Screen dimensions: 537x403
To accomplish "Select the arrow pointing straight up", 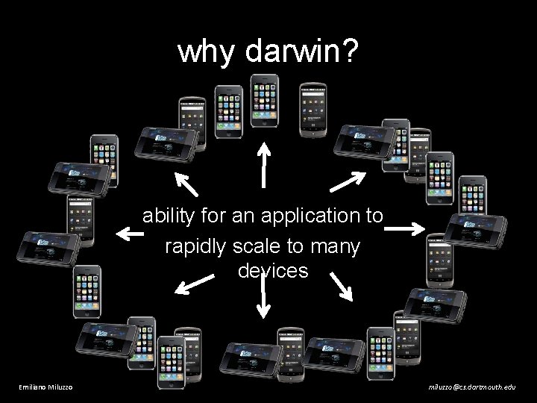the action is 263,163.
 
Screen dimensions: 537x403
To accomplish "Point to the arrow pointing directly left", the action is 131,234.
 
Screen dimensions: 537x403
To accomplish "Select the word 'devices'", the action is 272,270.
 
